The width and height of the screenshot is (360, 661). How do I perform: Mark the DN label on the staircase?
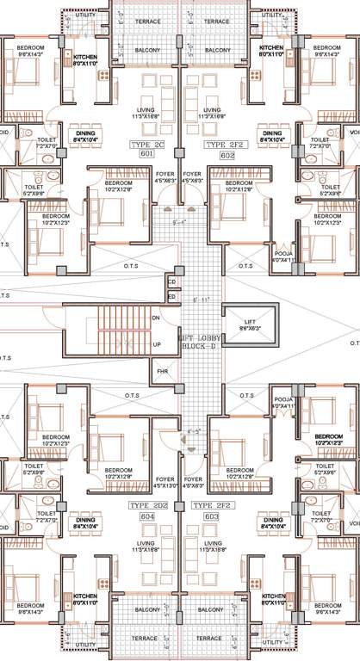[155, 318]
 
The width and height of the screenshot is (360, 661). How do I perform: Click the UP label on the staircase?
[155, 344]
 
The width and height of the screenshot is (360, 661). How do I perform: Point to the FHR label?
[161, 372]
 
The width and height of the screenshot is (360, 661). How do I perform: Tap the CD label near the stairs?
[171, 281]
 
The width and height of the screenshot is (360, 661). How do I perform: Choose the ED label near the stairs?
[171, 296]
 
